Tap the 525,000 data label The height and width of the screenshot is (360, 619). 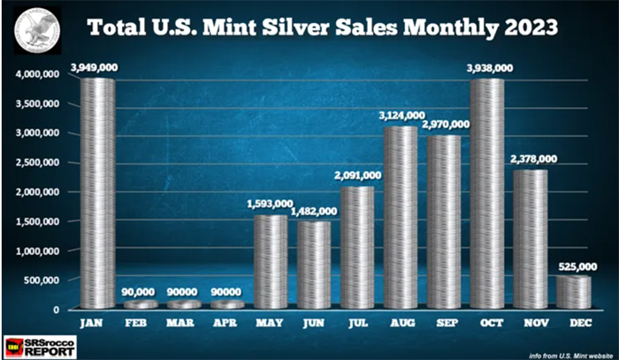click(571, 264)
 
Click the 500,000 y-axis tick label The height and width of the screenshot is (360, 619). click(42, 280)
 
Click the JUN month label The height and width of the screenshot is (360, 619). click(316, 324)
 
